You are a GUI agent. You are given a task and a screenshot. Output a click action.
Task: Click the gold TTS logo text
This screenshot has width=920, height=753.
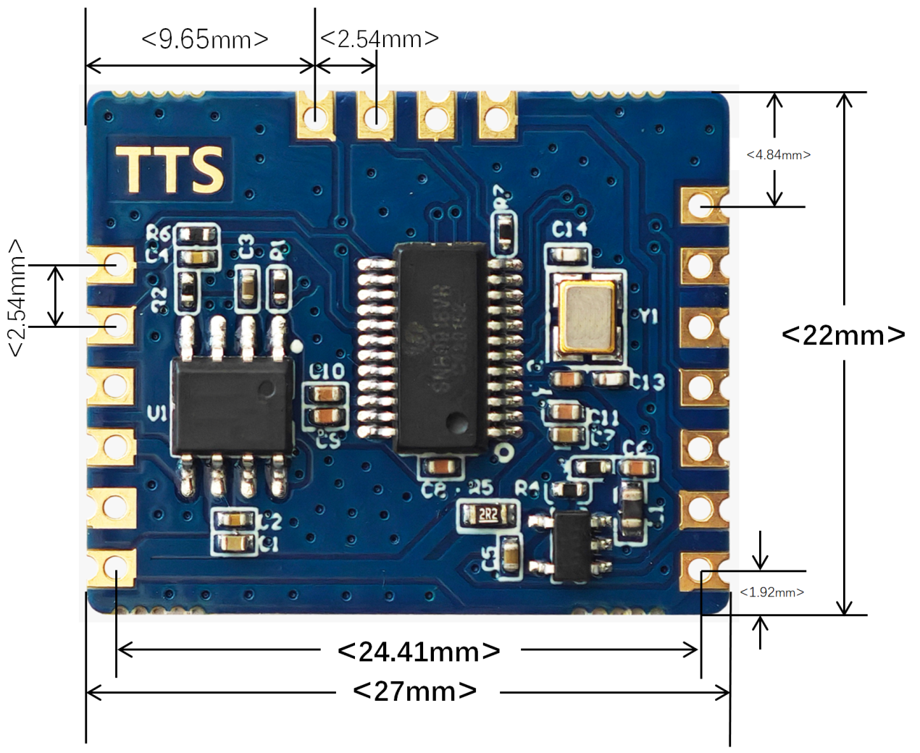(x=171, y=169)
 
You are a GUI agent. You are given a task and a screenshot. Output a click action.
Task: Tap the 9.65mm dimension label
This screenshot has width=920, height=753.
(x=205, y=38)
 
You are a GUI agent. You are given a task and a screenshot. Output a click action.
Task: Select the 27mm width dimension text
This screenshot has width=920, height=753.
(x=415, y=691)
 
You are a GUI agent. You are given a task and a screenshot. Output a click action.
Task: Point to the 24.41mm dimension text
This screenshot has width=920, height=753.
(x=419, y=652)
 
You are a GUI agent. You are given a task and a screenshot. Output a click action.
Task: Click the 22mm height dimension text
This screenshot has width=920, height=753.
(x=843, y=335)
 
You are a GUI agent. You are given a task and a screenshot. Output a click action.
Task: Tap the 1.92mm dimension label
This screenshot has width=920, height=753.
(x=771, y=592)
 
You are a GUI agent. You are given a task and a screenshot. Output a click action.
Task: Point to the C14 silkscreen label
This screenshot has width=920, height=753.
(x=569, y=230)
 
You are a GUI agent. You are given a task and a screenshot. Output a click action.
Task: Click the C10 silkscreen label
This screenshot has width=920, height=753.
(x=327, y=372)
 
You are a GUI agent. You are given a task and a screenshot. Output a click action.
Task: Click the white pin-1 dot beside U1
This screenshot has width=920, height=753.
(x=296, y=346)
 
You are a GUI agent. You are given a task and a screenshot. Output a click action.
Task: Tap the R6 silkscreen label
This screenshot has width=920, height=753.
(x=157, y=232)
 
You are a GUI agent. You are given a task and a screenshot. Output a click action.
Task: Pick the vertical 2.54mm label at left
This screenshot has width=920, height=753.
(x=16, y=298)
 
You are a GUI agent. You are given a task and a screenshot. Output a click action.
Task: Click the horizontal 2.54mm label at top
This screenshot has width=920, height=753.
(x=379, y=38)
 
